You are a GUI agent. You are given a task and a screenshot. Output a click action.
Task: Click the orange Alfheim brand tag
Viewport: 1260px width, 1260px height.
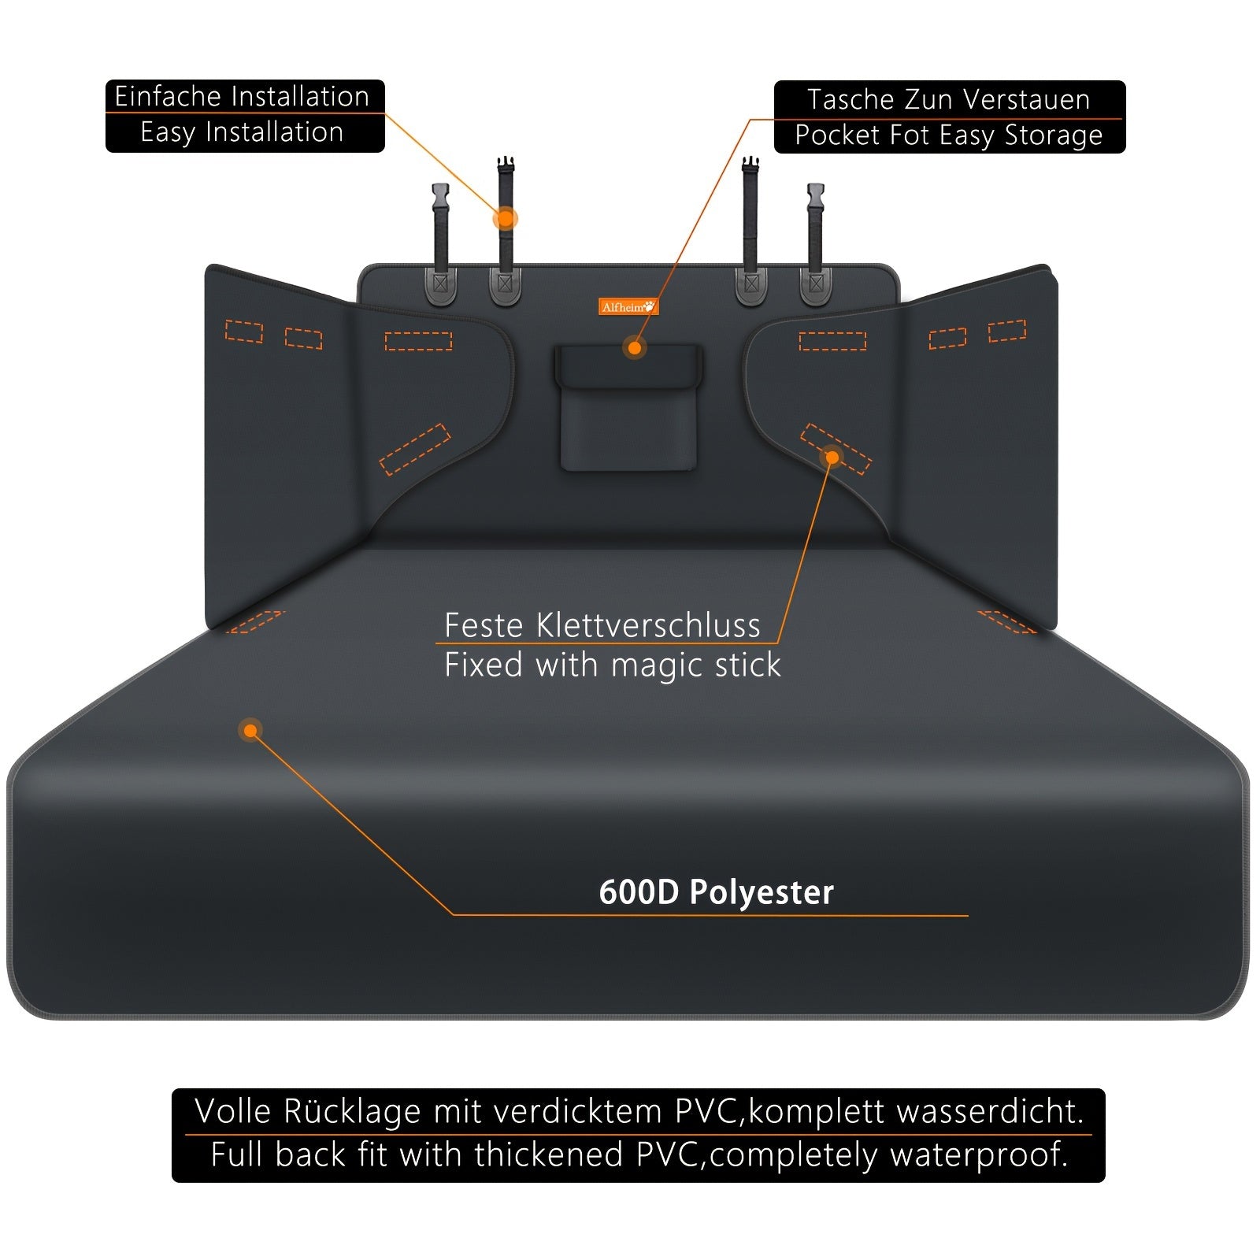(628, 306)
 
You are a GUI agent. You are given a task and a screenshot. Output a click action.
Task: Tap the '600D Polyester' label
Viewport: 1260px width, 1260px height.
(716, 892)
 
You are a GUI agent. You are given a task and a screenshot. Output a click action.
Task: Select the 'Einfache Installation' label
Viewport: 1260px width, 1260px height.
(242, 96)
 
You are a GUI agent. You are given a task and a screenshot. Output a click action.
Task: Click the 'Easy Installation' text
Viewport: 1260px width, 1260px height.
(242, 132)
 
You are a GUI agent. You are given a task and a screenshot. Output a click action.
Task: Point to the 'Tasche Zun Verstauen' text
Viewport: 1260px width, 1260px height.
(948, 100)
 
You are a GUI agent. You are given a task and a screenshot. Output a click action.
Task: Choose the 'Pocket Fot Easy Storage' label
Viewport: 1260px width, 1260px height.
(948, 135)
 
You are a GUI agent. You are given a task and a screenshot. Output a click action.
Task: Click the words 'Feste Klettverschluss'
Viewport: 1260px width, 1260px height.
(602, 625)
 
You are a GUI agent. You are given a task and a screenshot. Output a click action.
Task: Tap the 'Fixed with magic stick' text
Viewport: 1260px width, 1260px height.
(612, 665)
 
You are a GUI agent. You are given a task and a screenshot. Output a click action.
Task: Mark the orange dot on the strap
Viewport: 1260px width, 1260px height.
(505, 218)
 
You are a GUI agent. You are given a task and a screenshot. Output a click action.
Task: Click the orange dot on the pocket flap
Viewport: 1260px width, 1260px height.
(634, 346)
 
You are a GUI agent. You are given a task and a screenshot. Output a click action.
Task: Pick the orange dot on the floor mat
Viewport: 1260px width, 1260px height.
(250, 731)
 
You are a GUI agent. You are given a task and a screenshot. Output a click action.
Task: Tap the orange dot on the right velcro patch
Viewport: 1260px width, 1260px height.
(832, 456)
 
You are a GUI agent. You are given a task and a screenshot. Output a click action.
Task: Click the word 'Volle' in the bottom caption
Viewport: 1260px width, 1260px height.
(233, 1111)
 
